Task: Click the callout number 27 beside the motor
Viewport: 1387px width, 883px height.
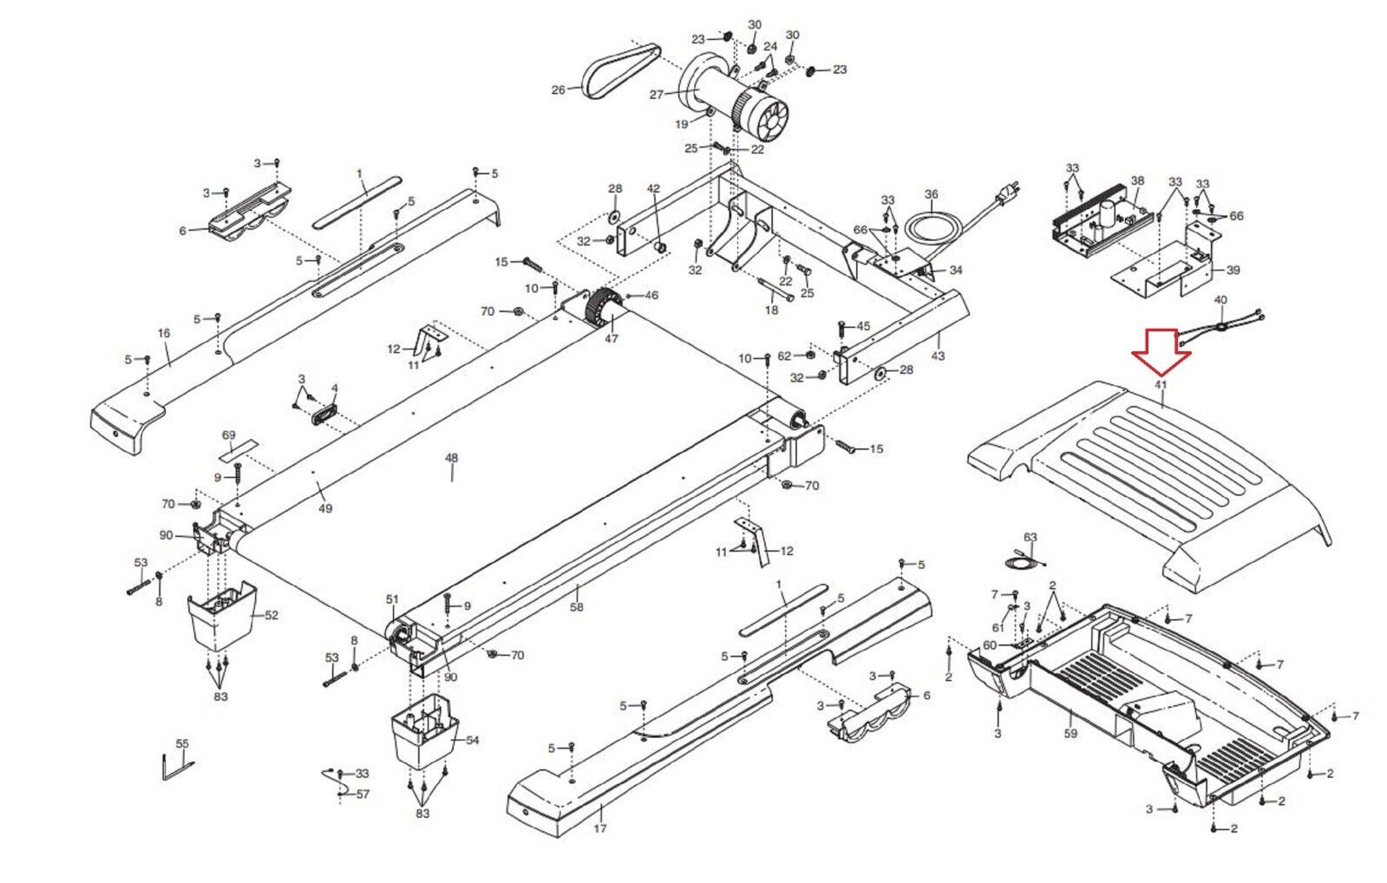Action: point(656,95)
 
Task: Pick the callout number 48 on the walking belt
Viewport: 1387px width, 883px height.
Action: point(451,458)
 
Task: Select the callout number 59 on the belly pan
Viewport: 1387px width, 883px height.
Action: point(1070,733)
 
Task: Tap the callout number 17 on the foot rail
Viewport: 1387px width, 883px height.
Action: point(599,828)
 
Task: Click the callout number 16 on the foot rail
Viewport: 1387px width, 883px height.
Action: point(163,333)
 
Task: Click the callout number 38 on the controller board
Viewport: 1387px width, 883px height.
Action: point(1137,181)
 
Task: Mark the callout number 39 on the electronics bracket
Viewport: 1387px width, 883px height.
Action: point(1233,271)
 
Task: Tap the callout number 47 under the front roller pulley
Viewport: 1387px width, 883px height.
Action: point(611,338)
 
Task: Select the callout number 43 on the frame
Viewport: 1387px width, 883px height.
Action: point(938,356)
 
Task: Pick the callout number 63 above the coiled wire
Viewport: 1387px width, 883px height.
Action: point(1030,538)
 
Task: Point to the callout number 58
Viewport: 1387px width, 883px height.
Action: point(577,607)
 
